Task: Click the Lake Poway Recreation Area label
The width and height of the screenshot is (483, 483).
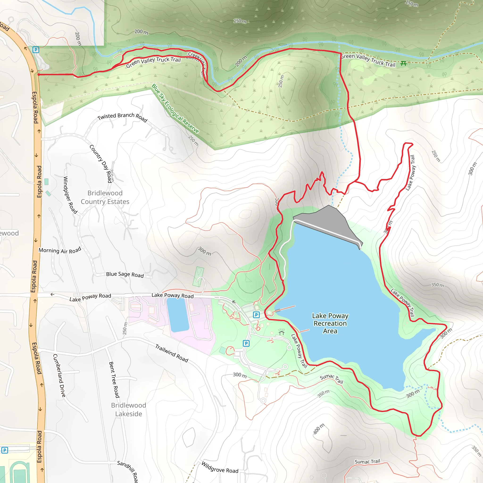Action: [x=330, y=323]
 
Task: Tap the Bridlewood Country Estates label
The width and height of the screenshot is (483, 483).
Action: [x=105, y=197]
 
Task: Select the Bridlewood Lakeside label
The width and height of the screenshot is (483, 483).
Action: [x=129, y=409]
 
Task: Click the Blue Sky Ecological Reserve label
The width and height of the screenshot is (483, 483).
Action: [x=175, y=109]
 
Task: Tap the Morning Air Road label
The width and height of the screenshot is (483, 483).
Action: [x=60, y=250]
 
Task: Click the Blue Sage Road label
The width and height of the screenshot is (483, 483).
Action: [x=125, y=275]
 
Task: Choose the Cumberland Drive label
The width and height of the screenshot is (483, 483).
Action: [x=59, y=375]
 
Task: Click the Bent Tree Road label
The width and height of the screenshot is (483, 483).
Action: [x=114, y=379]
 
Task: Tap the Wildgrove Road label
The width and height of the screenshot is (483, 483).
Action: [x=220, y=467]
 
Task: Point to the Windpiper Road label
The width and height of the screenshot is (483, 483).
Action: [x=70, y=195]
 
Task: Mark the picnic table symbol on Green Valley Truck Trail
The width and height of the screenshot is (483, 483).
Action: [x=403, y=63]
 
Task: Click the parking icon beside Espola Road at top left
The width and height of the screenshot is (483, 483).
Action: [x=36, y=50]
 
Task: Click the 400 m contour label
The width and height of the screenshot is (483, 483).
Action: [x=319, y=429]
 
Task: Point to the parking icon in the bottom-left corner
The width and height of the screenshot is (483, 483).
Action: [x=5, y=450]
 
